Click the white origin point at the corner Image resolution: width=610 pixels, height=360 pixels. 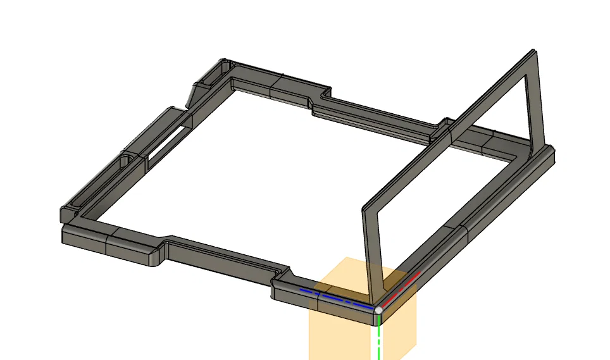(378, 309)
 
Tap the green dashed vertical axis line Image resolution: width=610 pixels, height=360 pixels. (378, 335)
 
